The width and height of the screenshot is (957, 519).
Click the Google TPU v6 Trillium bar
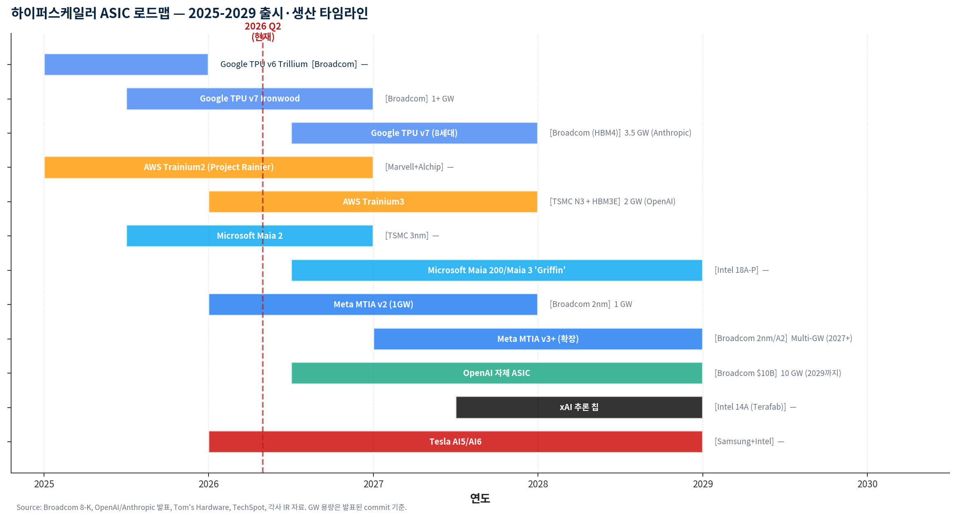pos(126,65)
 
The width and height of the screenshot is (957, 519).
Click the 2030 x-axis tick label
pos(867,484)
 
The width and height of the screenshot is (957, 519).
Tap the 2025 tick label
pos(44,484)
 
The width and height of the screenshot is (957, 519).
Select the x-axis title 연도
pos(480,498)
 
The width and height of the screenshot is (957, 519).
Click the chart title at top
pos(189,13)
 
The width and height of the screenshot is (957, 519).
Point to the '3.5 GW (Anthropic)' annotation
pos(658,133)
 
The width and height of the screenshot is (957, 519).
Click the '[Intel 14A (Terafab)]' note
pos(750,407)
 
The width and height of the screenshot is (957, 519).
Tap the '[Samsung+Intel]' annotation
pos(744,441)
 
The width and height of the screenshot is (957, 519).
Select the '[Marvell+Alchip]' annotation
pos(414,167)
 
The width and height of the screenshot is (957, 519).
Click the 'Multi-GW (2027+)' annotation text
pos(821,338)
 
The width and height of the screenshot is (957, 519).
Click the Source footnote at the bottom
pos(211,507)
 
